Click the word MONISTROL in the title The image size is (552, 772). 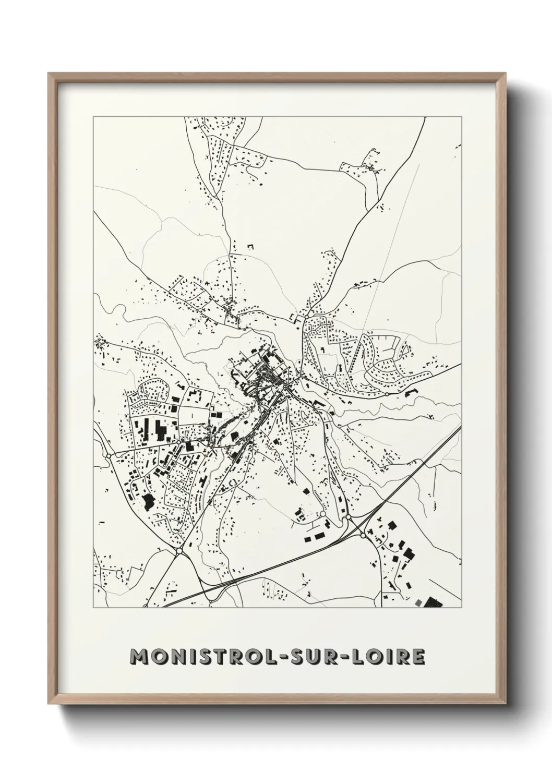pyautogui.click(x=199, y=657)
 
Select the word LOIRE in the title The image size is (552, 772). pyautogui.click(x=387, y=657)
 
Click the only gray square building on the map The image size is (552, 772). pyautogui.click(x=418, y=603)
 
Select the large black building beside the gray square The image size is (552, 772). pyautogui.click(x=433, y=603)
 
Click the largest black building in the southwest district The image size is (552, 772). pyautogui.click(x=148, y=501)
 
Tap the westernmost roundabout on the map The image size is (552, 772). pyautogui.click(x=108, y=455)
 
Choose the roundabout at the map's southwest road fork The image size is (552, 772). pyautogui.click(x=179, y=550)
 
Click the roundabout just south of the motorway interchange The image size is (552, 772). pyautogui.click(x=362, y=535)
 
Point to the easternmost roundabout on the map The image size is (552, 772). pyautogui.click(x=387, y=394)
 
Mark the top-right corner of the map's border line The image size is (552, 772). pyautogui.click(x=461, y=117)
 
